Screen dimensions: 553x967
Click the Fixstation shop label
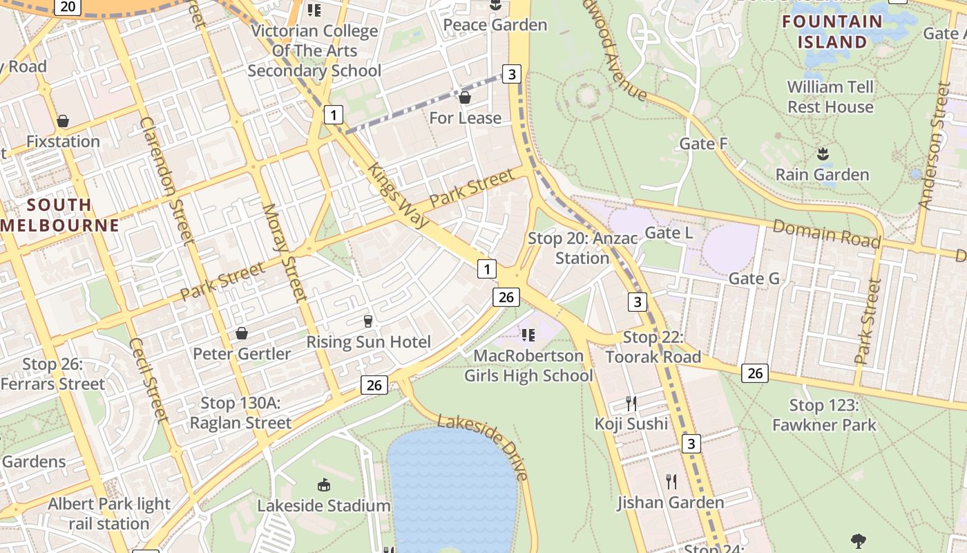[x=63, y=142]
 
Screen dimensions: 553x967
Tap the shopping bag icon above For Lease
[x=465, y=97]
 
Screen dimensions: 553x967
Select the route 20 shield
[x=67, y=7]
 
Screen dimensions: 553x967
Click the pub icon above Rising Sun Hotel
[x=367, y=321]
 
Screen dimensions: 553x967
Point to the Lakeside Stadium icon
[x=323, y=485]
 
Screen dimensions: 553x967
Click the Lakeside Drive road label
[x=484, y=447]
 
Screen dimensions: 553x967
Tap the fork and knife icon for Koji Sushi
[x=631, y=403]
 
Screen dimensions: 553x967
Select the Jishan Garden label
[x=670, y=503]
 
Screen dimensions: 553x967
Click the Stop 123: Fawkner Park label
[x=823, y=415]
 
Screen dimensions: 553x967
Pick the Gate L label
[x=668, y=233]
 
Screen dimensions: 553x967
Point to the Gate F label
[x=703, y=144]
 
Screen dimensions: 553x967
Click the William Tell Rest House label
[x=830, y=97]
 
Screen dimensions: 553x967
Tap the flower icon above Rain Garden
[x=822, y=153]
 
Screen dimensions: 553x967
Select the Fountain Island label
[x=832, y=32]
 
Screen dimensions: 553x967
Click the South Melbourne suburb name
[x=60, y=215]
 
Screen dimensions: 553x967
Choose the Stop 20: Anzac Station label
[x=582, y=248]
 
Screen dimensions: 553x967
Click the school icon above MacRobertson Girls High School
[x=528, y=335]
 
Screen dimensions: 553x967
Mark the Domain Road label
[x=826, y=233]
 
